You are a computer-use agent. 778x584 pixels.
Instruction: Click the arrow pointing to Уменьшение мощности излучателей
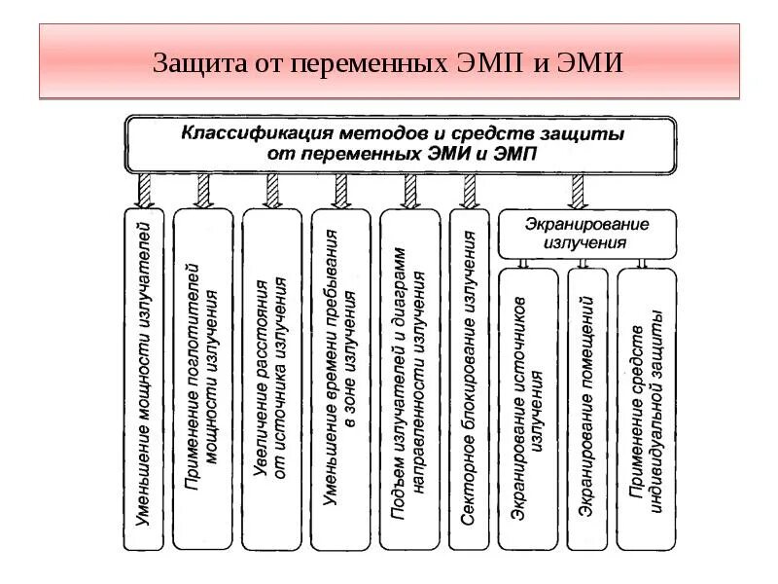[145, 190]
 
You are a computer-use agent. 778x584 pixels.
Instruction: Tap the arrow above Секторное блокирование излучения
[470, 190]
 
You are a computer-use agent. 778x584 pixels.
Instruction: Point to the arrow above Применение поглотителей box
[203, 190]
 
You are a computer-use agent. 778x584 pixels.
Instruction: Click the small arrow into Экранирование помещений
[583, 262]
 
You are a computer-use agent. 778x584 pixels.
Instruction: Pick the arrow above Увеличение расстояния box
[271, 190]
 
